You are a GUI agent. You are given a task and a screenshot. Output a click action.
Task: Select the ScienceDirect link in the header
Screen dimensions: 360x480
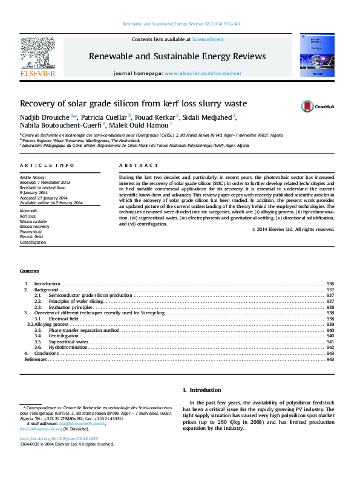coord(208,39)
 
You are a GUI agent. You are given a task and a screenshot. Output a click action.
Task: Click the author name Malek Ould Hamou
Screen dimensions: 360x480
coord(140,125)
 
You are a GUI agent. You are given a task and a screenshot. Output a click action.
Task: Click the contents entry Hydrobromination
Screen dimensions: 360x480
coord(65,347)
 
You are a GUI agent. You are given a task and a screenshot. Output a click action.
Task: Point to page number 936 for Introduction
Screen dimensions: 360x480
coord(330,284)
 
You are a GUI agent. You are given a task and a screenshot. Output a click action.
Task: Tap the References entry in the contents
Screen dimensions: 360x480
coord(35,359)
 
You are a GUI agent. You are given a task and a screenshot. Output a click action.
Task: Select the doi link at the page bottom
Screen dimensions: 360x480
coord(59,438)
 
